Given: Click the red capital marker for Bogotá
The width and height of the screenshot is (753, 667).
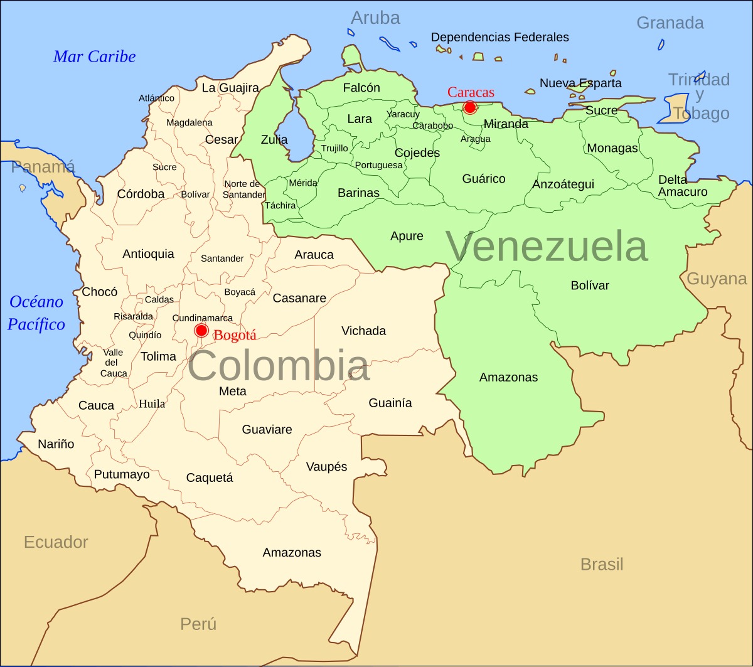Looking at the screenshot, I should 201,331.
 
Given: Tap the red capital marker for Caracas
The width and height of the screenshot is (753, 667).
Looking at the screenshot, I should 469,107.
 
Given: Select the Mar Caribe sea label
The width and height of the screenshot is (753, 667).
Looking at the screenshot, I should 95,56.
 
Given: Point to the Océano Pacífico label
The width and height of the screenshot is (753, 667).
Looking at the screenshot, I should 36,313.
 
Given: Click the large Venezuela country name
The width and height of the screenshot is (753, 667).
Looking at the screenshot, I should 547,247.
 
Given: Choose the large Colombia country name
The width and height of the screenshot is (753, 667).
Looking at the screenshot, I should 279,366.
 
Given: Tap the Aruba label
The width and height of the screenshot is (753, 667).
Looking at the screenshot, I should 375,18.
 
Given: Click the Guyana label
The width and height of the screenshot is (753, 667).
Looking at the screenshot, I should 717,279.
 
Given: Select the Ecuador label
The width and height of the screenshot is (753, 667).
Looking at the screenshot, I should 56,542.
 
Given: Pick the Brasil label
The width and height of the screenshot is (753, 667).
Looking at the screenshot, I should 602,564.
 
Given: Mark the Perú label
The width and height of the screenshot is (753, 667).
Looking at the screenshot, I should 198,624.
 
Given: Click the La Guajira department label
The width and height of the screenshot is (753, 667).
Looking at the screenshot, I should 230,88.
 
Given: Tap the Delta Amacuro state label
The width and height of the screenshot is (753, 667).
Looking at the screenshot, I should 683,186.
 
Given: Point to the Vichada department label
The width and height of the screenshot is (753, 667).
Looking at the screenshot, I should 363,331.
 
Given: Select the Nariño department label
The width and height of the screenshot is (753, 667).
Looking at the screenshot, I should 56,444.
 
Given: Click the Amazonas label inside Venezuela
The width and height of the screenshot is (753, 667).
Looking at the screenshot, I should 508,377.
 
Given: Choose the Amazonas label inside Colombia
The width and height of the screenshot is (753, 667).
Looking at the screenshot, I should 292,553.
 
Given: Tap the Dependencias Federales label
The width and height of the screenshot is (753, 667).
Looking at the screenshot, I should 499,37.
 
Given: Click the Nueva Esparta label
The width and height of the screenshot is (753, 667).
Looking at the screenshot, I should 580,83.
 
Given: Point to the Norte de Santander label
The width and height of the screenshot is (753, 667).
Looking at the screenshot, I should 245,189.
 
